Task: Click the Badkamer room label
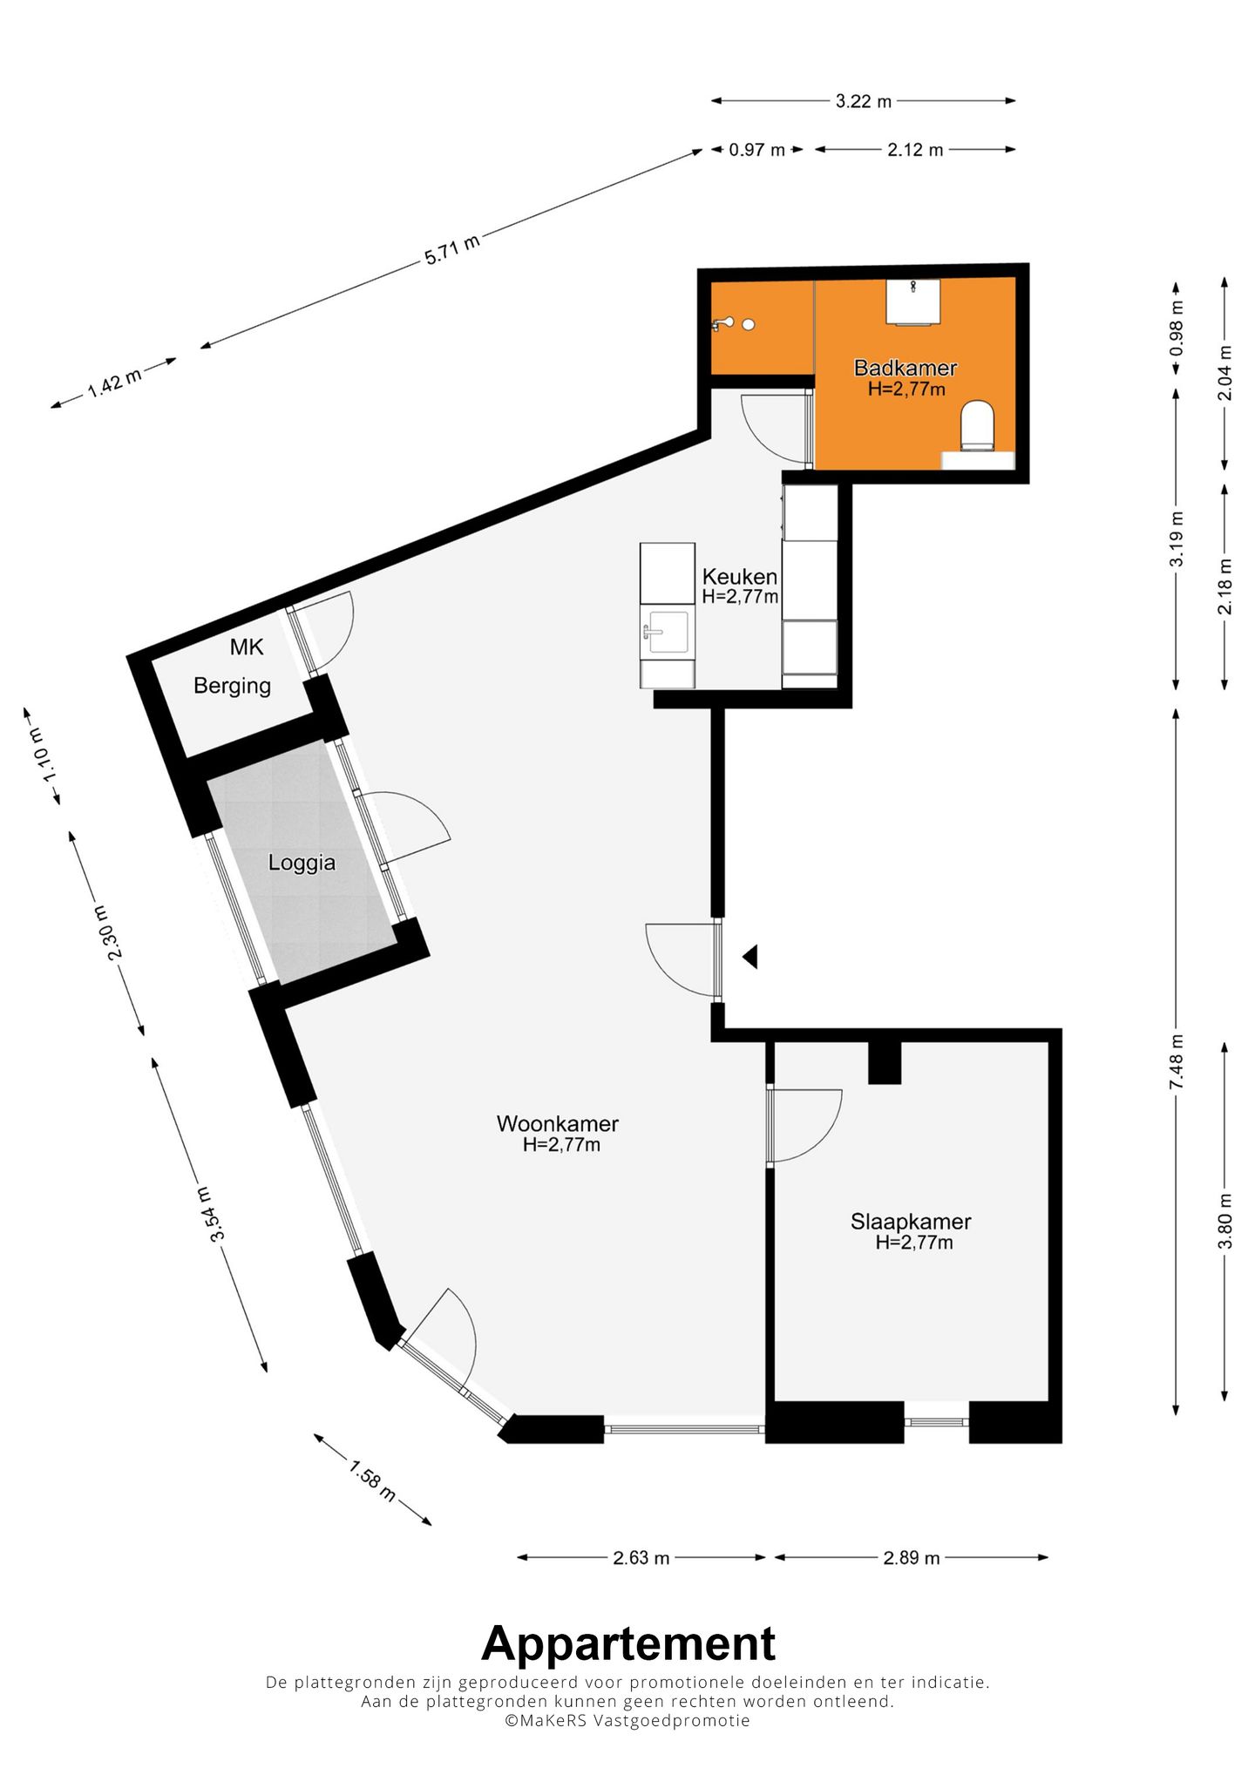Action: (906, 369)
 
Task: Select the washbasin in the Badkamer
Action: (912, 301)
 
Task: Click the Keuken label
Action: (739, 577)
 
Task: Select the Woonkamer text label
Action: (558, 1124)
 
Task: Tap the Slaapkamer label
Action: (911, 1222)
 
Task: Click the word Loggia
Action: (302, 863)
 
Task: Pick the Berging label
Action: (232, 686)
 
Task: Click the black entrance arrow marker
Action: (750, 957)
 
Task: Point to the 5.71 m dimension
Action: (452, 250)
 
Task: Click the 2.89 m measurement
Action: (911, 1558)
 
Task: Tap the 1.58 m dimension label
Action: (372, 1480)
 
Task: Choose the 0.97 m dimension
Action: (756, 150)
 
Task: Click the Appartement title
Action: (627, 1644)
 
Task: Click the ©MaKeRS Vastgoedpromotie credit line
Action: (627, 1720)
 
